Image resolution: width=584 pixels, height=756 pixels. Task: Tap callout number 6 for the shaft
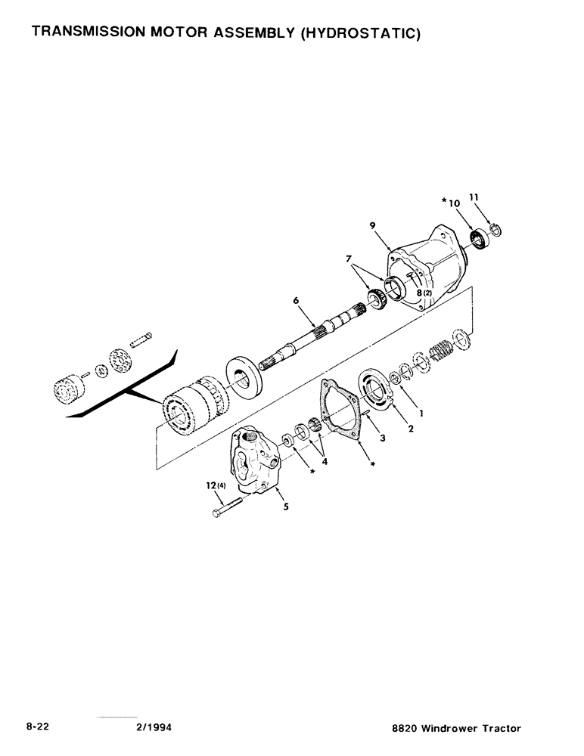tap(296, 301)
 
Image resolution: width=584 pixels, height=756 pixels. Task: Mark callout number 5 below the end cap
tap(286, 507)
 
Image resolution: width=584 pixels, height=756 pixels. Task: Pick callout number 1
tap(421, 414)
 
